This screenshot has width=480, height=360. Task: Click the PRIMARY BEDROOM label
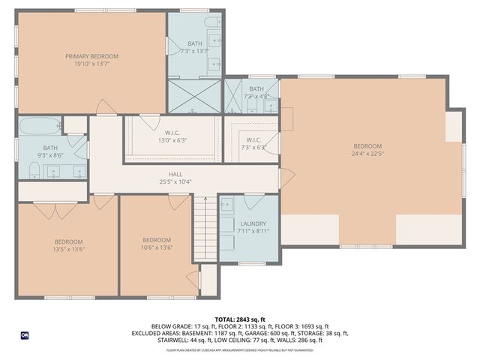pos(91,56)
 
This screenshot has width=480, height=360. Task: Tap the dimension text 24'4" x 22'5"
pos(367,154)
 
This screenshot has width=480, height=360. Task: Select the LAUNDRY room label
pos(248,223)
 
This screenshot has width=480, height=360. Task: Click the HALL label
pos(175,173)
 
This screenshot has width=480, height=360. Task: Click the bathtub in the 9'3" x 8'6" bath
pos(40,125)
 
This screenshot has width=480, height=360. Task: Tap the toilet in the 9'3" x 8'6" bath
pos(25,171)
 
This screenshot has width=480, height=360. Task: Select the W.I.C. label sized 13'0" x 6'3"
pos(172,132)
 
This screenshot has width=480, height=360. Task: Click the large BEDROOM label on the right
pos(367,146)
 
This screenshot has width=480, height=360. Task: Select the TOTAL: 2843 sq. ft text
pos(240,319)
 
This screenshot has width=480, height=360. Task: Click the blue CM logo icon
pos(24,335)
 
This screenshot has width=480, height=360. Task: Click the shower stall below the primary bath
pos(193,96)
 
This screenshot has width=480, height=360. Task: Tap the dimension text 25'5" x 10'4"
pos(175,181)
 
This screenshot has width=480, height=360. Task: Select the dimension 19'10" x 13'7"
pos(91,64)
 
